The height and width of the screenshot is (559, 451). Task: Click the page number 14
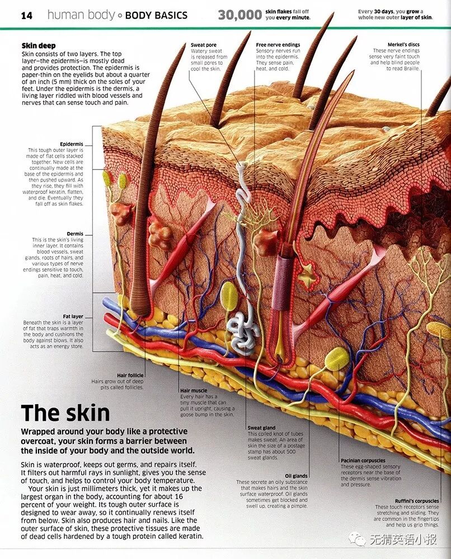coord(27,15)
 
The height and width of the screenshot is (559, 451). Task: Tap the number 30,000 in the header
coord(239,15)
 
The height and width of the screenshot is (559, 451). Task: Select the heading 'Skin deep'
coord(39,46)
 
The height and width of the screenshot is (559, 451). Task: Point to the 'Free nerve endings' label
coord(278,45)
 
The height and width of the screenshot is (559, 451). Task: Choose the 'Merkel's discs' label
coord(403,45)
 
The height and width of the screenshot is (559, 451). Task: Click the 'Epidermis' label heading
coord(71,144)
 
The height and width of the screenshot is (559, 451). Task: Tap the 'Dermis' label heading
coord(75,234)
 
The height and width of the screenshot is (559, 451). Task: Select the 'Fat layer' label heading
coord(73,316)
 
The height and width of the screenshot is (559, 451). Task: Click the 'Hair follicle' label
coord(130,375)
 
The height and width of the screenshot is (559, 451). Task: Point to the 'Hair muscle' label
coord(194,390)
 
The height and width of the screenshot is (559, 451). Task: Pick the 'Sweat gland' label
coord(262,428)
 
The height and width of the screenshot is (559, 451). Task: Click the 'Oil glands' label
coord(296,476)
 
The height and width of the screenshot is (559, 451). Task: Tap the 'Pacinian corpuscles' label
coord(363,461)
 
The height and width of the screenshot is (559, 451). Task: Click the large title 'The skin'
coord(65,413)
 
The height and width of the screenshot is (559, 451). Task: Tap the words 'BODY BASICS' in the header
coord(156,15)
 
